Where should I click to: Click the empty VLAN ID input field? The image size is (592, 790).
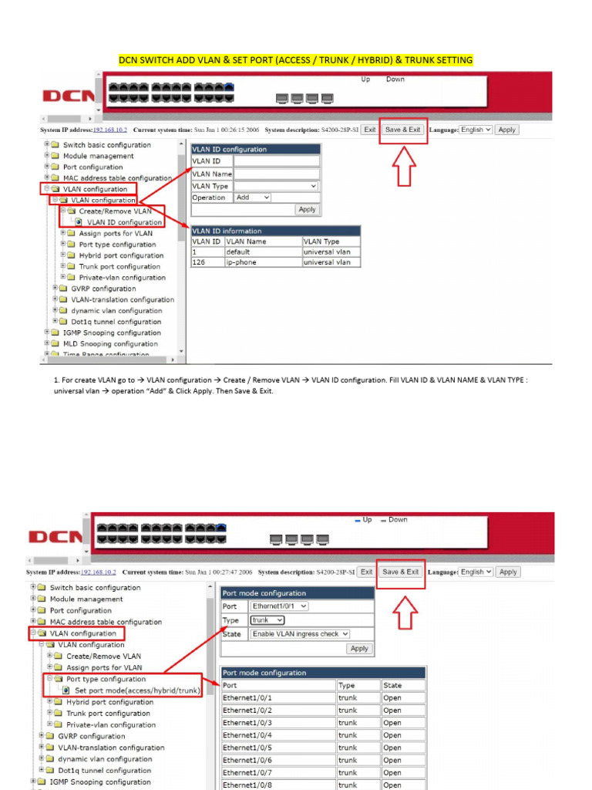tap(276, 161)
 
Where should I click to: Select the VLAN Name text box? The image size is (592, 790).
tap(276, 174)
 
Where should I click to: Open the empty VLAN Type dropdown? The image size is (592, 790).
tap(276, 186)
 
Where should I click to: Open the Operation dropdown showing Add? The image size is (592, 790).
tap(253, 197)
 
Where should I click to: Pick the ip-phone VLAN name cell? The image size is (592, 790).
tap(262, 262)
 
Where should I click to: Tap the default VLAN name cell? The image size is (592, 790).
tap(262, 252)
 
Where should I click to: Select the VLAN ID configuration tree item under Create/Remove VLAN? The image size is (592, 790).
tap(124, 222)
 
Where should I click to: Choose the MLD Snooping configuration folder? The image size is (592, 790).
tap(109, 344)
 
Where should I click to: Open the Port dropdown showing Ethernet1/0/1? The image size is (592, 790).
tap(279, 606)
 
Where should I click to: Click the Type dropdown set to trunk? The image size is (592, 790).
tap(267, 620)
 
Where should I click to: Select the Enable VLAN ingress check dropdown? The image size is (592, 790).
tap(300, 633)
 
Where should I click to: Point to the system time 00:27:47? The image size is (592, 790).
tap(234, 572)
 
